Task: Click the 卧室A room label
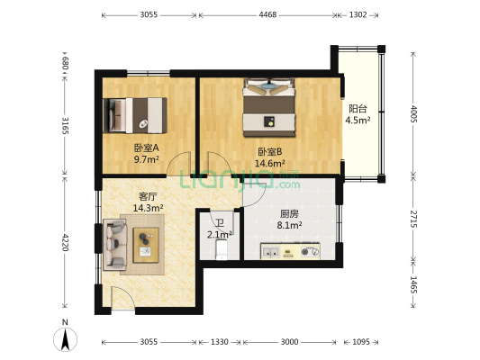click(x=146, y=148)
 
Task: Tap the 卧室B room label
click(x=269, y=152)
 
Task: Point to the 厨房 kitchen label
click(x=289, y=214)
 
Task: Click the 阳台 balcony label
click(x=358, y=109)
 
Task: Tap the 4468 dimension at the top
click(x=267, y=14)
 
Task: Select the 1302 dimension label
click(x=358, y=14)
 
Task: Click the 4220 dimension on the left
click(x=65, y=242)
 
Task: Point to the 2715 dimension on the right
click(x=413, y=219)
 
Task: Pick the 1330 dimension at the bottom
click(x=220, y=342)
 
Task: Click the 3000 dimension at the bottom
click(x=289, y=342)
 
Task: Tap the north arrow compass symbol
click(x=65, y=339)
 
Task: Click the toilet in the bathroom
click(x=222, y=249)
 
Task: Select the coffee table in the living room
click(x=146, y=245)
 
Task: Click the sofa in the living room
click(x=114, y=245)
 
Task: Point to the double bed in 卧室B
click(x=269, y=107)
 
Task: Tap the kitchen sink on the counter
click(x=270, y=252)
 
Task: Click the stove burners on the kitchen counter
click(x=310, y=251)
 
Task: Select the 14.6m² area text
click(x=270, y=163)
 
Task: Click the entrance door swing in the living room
click(x=123, y=298)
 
